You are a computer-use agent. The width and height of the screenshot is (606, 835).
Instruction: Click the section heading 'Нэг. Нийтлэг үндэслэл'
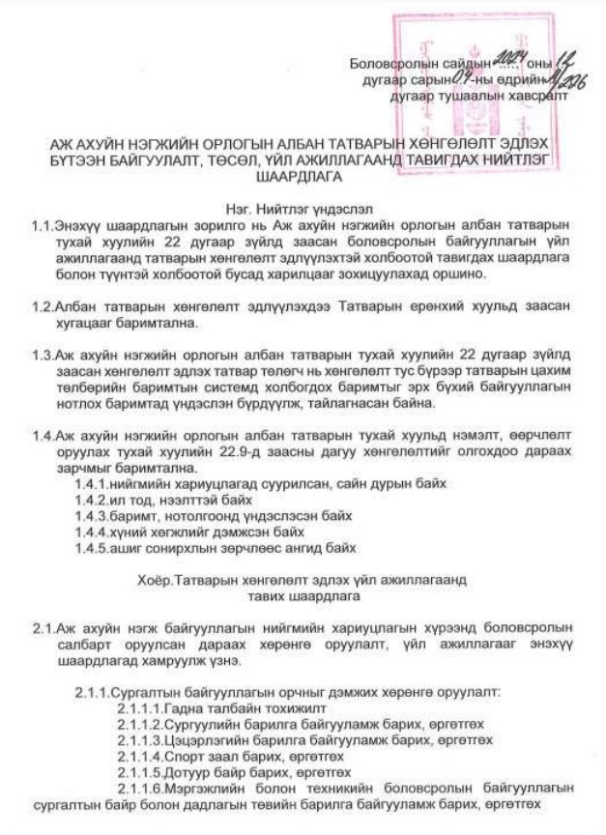[303, 207]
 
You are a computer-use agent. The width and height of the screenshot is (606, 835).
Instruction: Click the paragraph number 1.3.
[42, 353]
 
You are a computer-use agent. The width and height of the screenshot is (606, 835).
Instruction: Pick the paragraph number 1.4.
[42, 433]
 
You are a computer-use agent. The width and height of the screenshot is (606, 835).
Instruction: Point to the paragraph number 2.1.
[42, 628]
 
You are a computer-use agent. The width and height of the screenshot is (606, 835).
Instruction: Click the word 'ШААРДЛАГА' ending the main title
[303, 177]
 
